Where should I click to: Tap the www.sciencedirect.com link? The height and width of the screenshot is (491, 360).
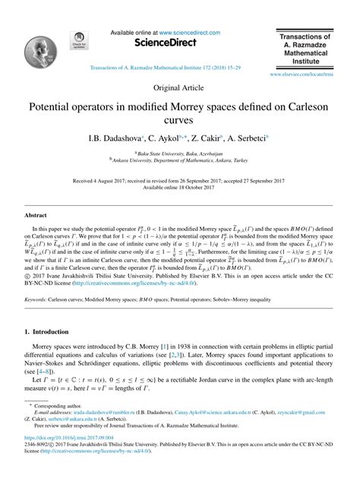(189, 33)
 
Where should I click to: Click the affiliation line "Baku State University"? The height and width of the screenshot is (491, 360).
(179, 153)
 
